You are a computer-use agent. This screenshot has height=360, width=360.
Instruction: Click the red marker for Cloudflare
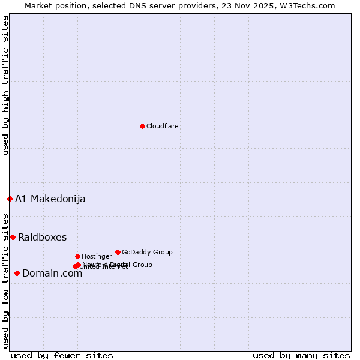(x=142, y=126)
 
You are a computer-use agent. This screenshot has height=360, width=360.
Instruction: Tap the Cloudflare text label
(x=162, y=126)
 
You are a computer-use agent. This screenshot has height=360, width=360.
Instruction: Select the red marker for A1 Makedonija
(x=10, y=199)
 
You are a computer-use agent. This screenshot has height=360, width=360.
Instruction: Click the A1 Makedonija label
(x=50, y=199)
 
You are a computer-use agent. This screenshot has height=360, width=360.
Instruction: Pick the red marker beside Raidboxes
(x=13, y=237)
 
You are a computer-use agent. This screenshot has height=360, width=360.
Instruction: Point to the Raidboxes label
(x=42, y=237)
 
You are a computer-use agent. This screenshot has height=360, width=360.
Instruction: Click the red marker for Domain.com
(x=17, y=273)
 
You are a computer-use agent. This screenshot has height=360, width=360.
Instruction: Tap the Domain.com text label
(x=52, y=273)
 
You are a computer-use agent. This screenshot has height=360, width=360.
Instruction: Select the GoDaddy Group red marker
(x=118, y=252)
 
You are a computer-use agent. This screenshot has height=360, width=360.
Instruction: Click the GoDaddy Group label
(x=147, y=252)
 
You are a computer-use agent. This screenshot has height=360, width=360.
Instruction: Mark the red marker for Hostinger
(x=77, y=256)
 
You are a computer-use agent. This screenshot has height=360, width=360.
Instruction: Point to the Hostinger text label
(x=97, y=256)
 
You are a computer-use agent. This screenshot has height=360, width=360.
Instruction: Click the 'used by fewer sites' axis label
(x=62, y=355)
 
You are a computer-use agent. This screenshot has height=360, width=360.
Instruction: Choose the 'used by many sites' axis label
(x=301, y=355)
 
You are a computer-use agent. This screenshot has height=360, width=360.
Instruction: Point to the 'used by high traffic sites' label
(x=5, y=85)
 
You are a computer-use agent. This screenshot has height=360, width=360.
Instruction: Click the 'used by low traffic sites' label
(x=5, y=281)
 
